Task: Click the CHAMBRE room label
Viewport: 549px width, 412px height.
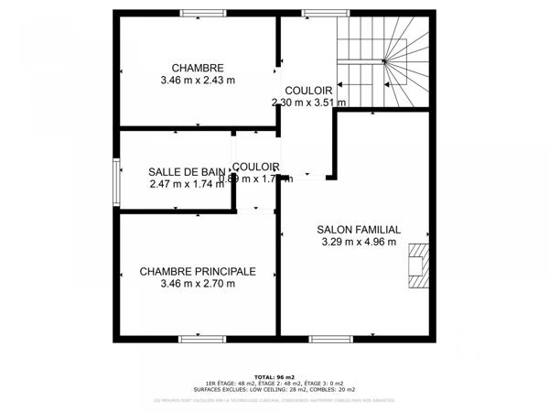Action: click(x=198, y=67)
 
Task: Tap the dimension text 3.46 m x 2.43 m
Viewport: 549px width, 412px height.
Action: click(x=198, y=80)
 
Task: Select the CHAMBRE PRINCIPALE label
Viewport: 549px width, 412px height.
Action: click(x=198, y=271)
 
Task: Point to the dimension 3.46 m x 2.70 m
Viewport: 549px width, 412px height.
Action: click(x=198, y=284)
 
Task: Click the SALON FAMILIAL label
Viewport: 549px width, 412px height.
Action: click(x=359, y=230)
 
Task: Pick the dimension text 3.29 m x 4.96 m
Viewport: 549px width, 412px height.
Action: click(x=359, y=243)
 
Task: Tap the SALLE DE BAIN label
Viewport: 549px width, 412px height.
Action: click(x=187, y=171)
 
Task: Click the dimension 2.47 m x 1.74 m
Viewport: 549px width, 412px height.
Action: click(x=187, y=184)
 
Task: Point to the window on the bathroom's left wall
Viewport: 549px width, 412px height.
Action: click(x=116, y=178)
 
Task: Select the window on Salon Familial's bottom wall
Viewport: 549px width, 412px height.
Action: click(x=330, y=339)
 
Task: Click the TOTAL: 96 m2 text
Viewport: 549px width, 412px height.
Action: click(x=274, y=375)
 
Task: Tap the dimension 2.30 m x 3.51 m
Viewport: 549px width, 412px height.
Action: click(x=308, y=103)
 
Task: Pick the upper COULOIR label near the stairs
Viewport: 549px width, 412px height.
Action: click(x=308, y=90)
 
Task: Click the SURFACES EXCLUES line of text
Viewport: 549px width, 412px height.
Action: click(x=274, y=388)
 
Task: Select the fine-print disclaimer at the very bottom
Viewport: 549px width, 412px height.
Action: click(x=274, y=400)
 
